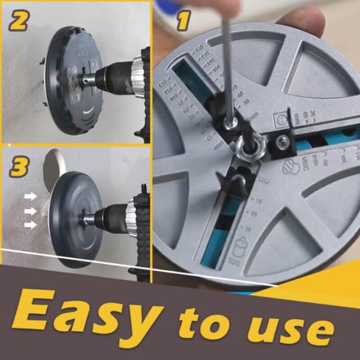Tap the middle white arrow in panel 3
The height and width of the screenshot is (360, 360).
(31, 211)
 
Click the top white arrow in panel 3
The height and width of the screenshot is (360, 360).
(31, 197)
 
